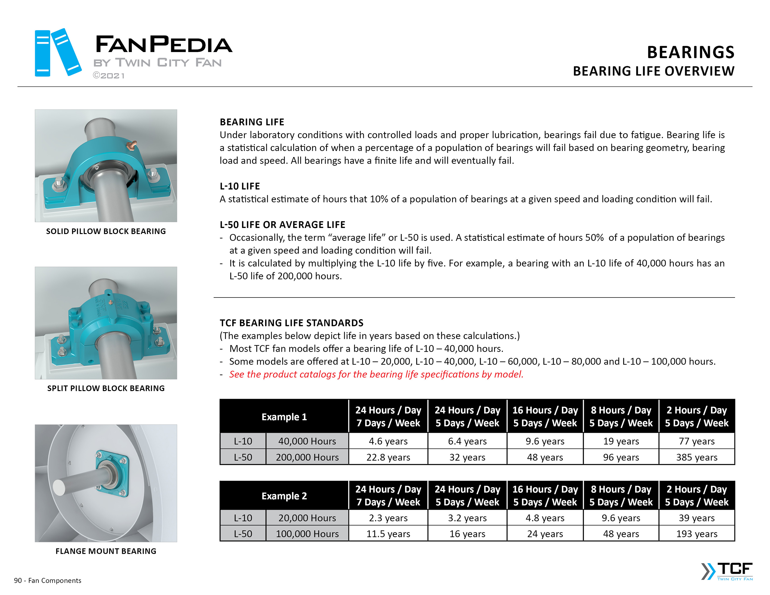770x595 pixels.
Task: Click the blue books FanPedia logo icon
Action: [x=58, y=53]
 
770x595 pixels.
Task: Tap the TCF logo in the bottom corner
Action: [x=727, y=571]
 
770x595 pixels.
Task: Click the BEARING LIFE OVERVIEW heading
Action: [x=653, y=71]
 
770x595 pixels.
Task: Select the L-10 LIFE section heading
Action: [x=240, y=186]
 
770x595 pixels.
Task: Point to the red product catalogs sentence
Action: [x=376, y=374]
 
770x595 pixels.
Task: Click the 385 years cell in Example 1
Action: [x=696, y=457]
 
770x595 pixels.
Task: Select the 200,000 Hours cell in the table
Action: [x=307, y=457]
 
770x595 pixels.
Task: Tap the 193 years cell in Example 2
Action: [x=696, y=534]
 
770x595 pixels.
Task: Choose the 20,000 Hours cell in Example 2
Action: [x=307, y=518]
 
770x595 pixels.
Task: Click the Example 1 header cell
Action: [x=284, y=417]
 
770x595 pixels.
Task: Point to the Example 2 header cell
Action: [x=284, y=496]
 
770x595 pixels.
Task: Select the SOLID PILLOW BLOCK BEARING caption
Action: [x=106, y=231]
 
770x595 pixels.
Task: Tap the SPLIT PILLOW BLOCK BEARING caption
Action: [x=106, y=388]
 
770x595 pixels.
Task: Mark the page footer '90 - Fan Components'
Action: [x=48, y=581]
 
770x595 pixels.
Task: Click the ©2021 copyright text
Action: [x=109, y=76]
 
